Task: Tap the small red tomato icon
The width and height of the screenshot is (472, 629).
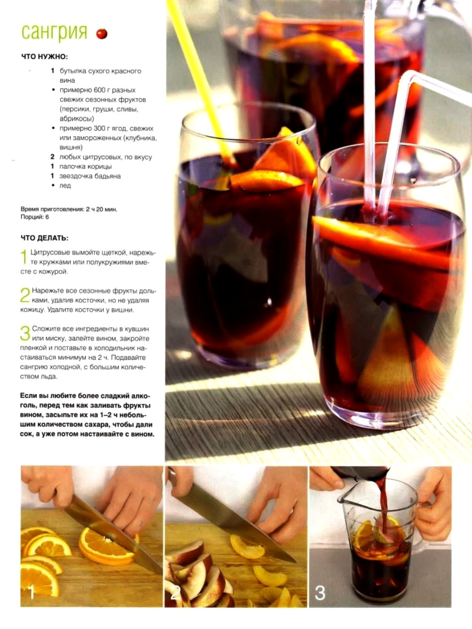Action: (102, 33)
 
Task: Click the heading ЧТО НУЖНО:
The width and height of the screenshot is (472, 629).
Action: (44, 56)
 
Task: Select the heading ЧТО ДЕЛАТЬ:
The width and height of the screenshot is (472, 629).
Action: (44, 238)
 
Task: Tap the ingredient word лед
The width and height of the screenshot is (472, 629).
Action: (65, 185)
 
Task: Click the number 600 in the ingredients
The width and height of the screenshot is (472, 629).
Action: (100, 90)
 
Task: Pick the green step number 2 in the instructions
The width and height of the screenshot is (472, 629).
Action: (25, 295)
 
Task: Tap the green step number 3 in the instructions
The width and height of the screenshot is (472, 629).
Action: (25, 333)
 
